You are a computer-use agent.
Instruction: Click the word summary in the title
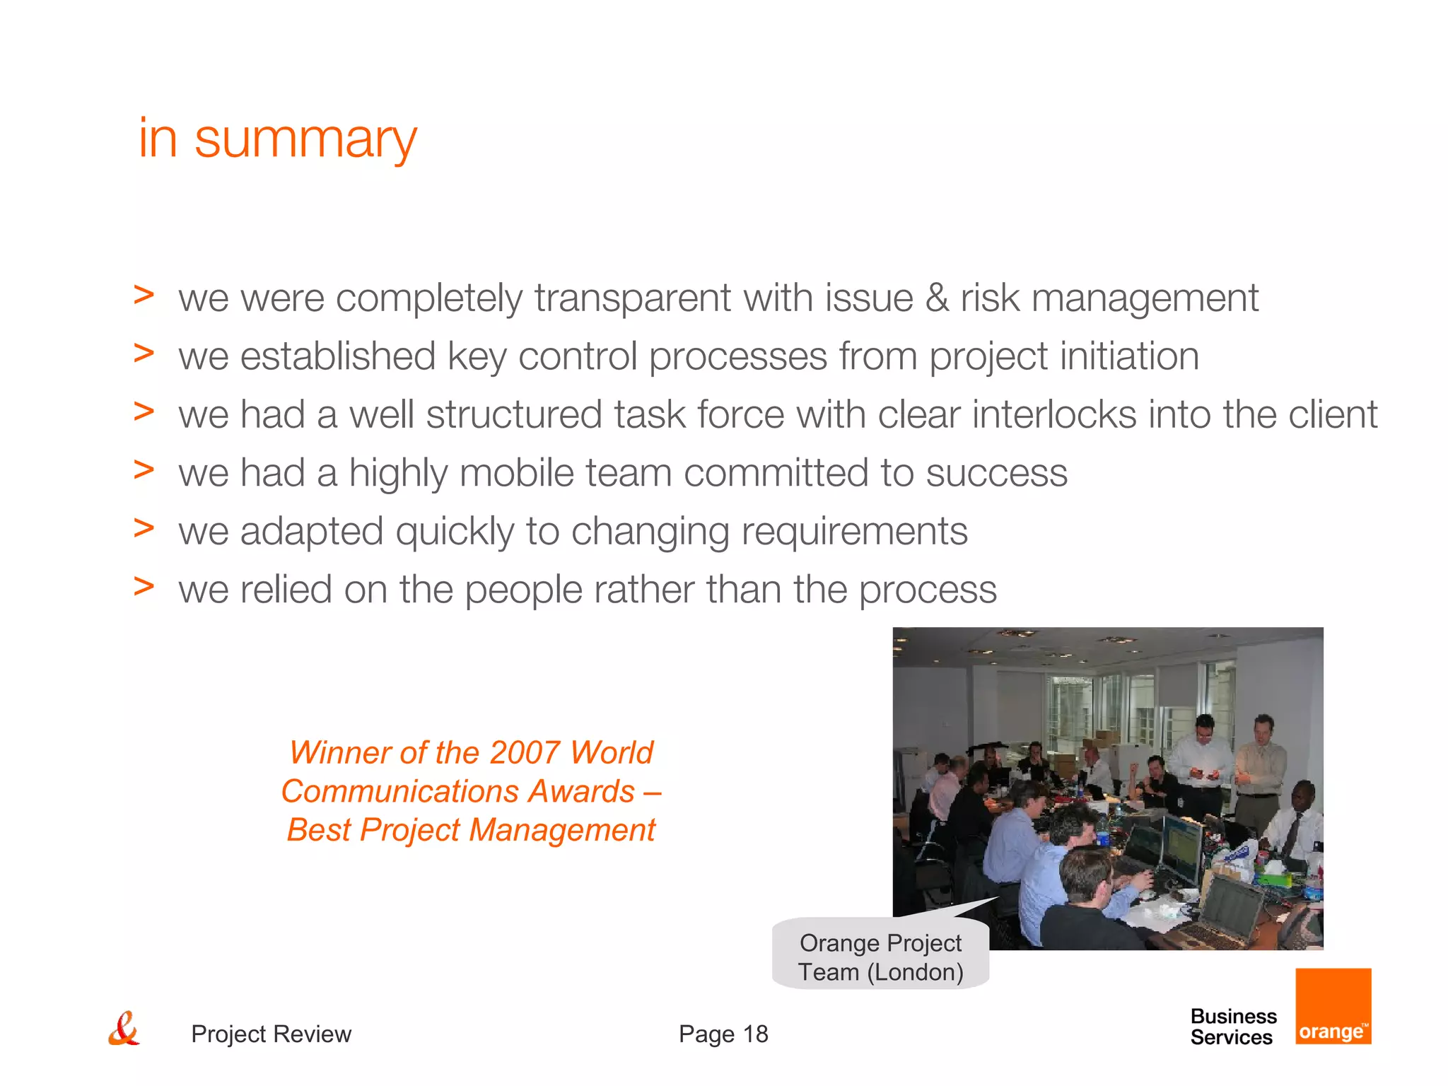tap(305, 140)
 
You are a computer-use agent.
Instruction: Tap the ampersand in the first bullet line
tap(937, 298)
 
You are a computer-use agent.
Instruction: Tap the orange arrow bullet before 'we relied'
tap(144, 586)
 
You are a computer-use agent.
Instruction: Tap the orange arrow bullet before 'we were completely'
tap(144, 295)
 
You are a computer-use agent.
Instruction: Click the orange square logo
tap(1333, 1006)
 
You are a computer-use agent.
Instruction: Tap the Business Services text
tap(1233, 1027)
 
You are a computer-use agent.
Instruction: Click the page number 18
tap(755, 1034)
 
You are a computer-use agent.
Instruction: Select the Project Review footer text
tap(271, 1034)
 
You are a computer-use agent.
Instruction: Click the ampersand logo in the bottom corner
tap(124, 1029)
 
